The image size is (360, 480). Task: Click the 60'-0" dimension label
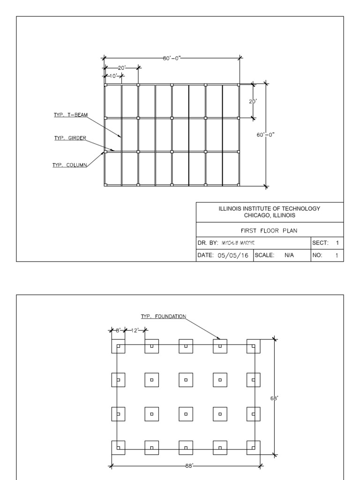click(x=266, y=135)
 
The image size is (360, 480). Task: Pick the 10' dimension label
click(x=113, y=76)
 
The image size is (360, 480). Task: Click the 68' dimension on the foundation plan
click(x=274, y=397)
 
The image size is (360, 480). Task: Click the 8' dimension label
click(x=119, y=330)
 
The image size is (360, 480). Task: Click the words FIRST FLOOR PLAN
click(x=270, y=230)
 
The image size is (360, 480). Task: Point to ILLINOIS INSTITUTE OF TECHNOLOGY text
click(x=270, y=209)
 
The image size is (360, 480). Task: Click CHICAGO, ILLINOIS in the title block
click(x=270, y=215)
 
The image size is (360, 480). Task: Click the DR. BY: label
click(x=207, y=243)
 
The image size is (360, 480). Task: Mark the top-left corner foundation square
click(x=118, y=346)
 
